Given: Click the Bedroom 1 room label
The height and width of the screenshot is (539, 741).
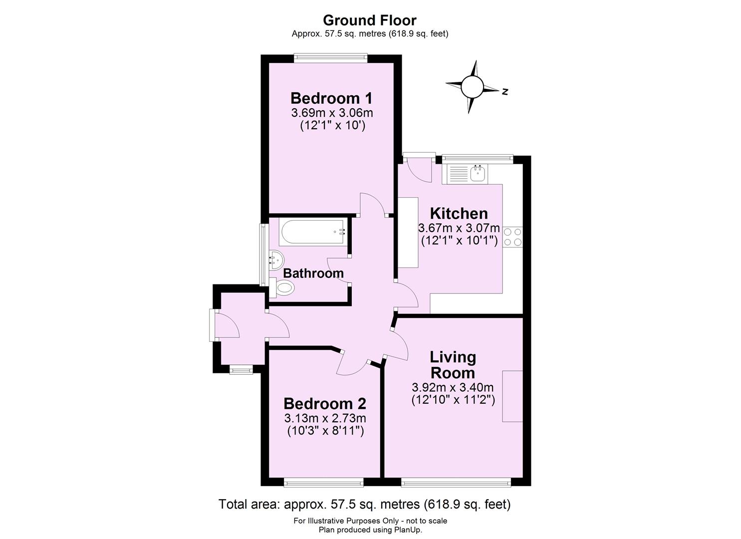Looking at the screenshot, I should click(x=331, y=98).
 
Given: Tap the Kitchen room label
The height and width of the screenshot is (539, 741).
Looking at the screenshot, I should click(x=459, y=214).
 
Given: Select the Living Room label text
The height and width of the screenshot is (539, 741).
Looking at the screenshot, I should click(x=453, y=365).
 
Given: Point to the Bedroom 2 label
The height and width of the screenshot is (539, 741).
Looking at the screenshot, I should click(x=325, y=403).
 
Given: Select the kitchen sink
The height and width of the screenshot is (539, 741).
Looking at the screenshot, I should click(x=478, y=173).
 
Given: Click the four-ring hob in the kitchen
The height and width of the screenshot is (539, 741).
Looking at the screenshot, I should click(x=513, y=237).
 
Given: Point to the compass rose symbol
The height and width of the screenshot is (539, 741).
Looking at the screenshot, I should click(x=472, y=87).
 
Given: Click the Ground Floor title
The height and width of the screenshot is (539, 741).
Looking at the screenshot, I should click(x=370, y=20).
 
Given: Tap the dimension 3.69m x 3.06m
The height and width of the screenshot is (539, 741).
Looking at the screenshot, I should click(x=332, y=113).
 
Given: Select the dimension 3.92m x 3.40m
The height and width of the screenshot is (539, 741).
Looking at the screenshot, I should click(x=453, y=387).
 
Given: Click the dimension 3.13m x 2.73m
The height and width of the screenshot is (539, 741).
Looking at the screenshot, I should click(x=325, y=418).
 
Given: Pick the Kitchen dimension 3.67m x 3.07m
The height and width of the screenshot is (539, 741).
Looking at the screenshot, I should click(x=459, y=228).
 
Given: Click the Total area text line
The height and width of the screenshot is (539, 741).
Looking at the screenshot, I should click(x=364, y=504).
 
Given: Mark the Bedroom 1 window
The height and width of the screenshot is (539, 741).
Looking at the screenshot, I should click(x=331, y=58).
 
